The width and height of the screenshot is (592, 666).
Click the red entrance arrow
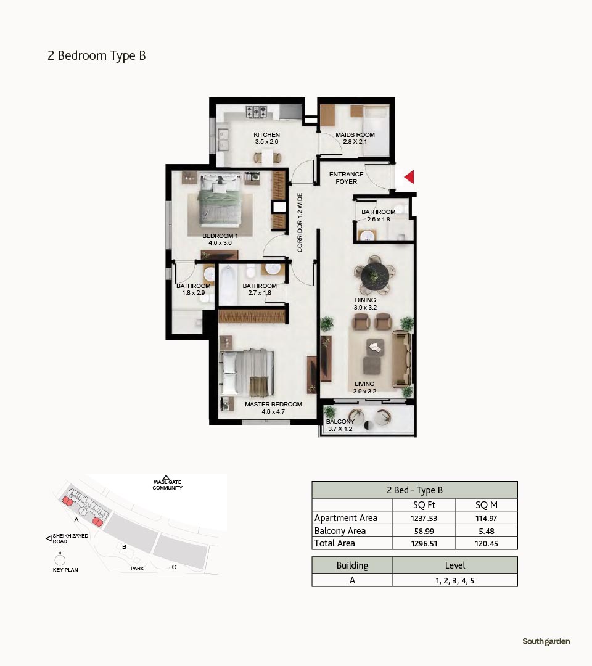tap(409, 177)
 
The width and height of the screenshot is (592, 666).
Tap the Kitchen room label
tap(266, 138)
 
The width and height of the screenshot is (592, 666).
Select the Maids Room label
tap(355, 138)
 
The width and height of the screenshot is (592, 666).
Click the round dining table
tap(374, 276)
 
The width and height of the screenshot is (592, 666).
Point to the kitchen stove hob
tap(256, 112)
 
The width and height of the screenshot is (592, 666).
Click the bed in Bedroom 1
tap(220, 199)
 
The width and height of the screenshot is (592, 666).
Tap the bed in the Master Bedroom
tap(247, 372)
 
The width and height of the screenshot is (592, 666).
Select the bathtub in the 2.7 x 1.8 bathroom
tap(228, 284)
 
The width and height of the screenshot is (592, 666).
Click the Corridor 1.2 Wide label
tap(300, 223)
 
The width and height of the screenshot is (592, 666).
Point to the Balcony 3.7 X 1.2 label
tap(340, 425)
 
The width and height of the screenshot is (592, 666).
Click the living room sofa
tap(401, 360)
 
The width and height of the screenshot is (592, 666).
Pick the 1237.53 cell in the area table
tap(424, 518)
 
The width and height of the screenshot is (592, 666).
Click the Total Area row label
tap(335, 543)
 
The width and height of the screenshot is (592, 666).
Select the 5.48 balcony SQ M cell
tap(487, 531)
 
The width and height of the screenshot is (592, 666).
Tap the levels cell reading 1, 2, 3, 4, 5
tap(455, 581)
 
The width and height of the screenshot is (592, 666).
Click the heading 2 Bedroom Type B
tap(97, 55)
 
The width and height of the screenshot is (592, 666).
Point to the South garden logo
tap(546, 641)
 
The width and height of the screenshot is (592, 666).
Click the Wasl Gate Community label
tap(167, 485)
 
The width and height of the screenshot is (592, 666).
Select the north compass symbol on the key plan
tap(60, 559)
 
